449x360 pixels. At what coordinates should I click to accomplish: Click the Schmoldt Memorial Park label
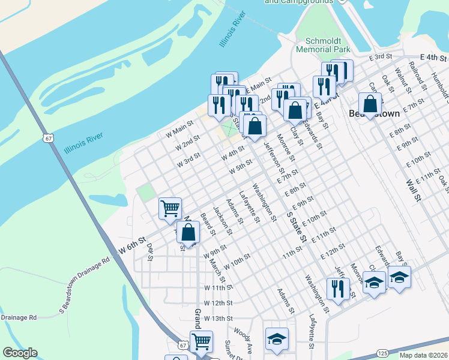tap(322, 46)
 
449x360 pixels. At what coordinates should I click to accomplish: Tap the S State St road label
tap(296, 226)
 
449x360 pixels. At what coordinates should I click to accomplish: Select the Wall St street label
tap(411, 190)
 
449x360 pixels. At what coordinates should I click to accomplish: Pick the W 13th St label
tap(217, 318)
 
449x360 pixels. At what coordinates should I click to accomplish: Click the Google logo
tap(19, 353)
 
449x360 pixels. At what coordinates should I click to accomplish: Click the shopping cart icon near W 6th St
tap(170, 208)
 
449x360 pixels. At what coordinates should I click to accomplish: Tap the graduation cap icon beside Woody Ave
tap(277, 338)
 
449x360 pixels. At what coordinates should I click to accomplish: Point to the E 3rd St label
tap(381, 56)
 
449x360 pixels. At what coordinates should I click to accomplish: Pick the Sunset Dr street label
tap(231, 350)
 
